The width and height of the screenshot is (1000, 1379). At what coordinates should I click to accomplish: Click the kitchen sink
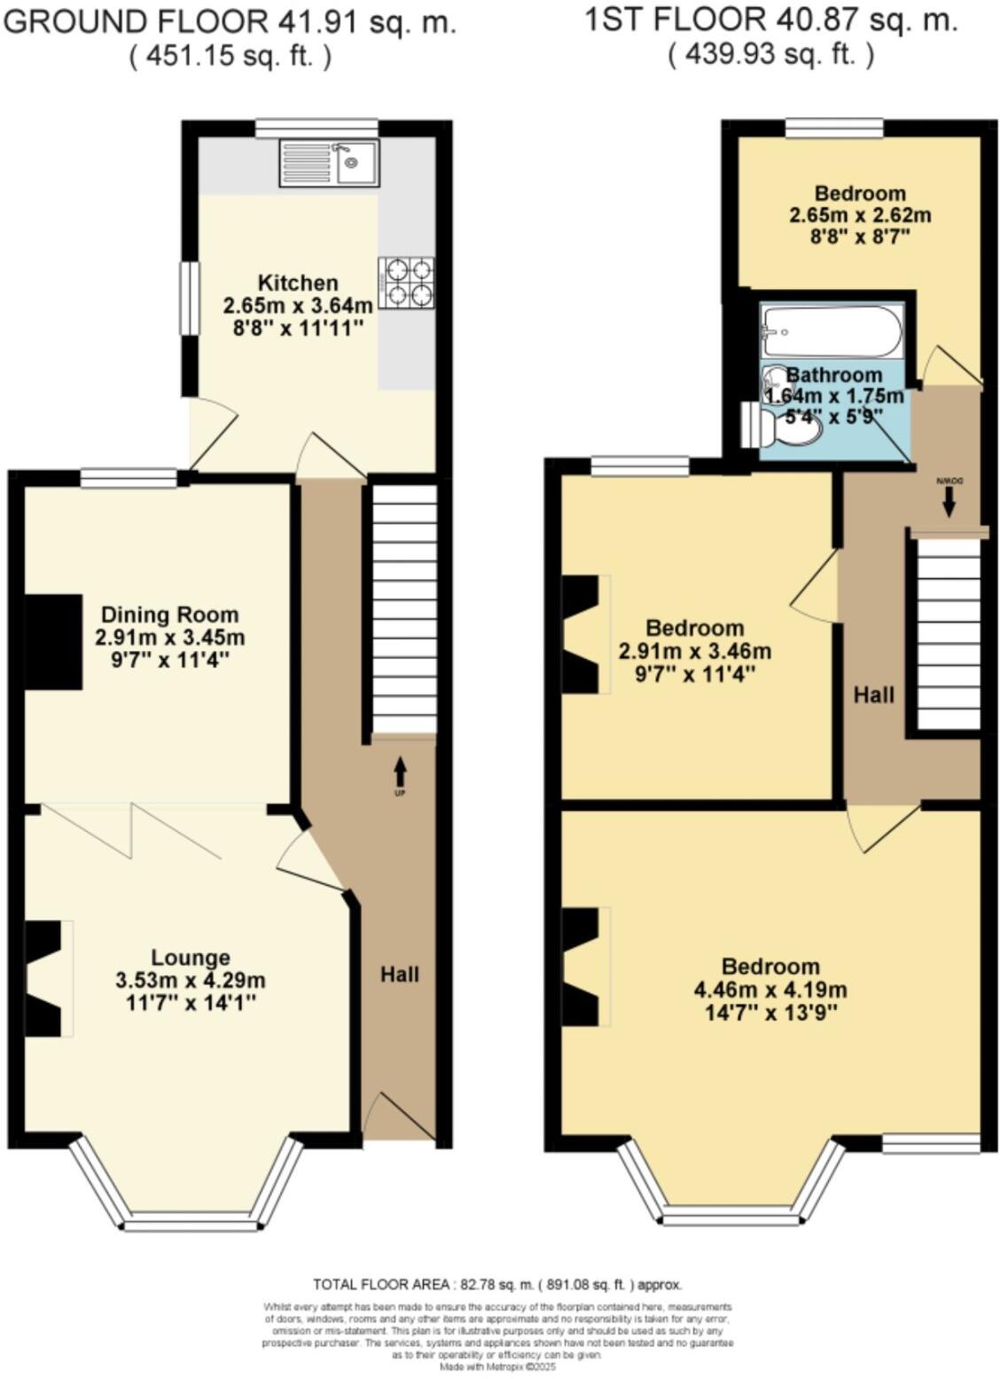(330, 162)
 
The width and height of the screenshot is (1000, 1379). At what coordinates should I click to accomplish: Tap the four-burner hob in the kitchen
(406, 282)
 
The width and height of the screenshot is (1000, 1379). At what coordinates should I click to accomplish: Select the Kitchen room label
(298, 283)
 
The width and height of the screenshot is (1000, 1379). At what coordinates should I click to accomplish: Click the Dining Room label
(169, 615)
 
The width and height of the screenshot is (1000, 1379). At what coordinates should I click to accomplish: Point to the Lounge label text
(191, 958)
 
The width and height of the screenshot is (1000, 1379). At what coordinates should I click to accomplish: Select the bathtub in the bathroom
(832, 332)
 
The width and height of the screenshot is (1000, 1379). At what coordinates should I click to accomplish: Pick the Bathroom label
(834, 375)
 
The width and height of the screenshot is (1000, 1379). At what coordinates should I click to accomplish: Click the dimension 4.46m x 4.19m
(770, 990)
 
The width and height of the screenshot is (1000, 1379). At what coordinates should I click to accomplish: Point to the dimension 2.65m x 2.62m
(860, 215)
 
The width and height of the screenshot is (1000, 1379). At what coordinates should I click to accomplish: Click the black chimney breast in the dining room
(53, 641)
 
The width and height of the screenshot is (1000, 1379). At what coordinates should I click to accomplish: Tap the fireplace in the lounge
(44, 978)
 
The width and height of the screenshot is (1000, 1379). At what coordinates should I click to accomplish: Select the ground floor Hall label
(400, 975)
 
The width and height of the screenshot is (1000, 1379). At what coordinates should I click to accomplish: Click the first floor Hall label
(874, 694)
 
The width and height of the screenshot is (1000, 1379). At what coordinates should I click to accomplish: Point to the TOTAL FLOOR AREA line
(497, 1284)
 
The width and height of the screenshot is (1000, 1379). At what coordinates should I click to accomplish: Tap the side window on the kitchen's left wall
(190, 298)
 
